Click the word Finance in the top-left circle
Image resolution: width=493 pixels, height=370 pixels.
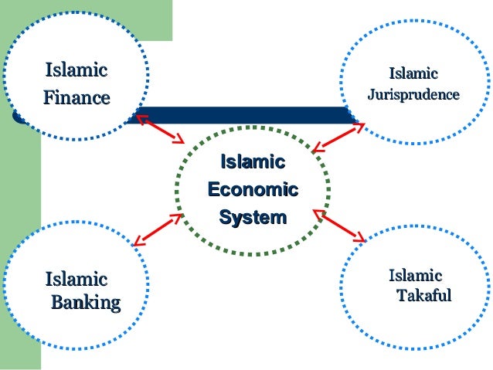(76, 98)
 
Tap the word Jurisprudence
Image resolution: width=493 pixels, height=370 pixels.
(413, 95)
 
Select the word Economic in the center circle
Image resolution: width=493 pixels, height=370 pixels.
(253, 190)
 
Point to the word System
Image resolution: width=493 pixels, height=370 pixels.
(253, 218)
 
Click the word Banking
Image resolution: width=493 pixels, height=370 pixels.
(86, 302)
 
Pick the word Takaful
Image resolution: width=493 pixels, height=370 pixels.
(423, 296)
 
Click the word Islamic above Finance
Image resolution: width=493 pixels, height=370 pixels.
(76, 71)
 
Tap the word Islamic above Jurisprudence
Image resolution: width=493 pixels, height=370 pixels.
(413, 74)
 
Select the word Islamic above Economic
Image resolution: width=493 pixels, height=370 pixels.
(253, 162)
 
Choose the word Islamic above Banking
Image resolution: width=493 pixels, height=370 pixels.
(76, 279)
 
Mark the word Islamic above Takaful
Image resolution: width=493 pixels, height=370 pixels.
(416, 276)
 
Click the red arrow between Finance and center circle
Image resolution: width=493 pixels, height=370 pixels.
(161, 130)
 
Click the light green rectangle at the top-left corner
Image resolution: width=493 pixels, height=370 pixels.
(155, 19)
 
